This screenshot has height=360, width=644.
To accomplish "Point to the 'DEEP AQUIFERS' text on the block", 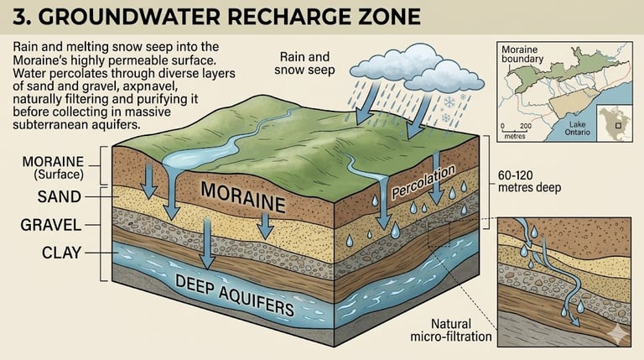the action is point(235,297).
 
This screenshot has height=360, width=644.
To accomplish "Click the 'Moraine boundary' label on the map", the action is point(522,55).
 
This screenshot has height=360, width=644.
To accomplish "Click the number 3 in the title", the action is point(20,17).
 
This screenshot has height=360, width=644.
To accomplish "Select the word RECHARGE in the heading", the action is point(267,17).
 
